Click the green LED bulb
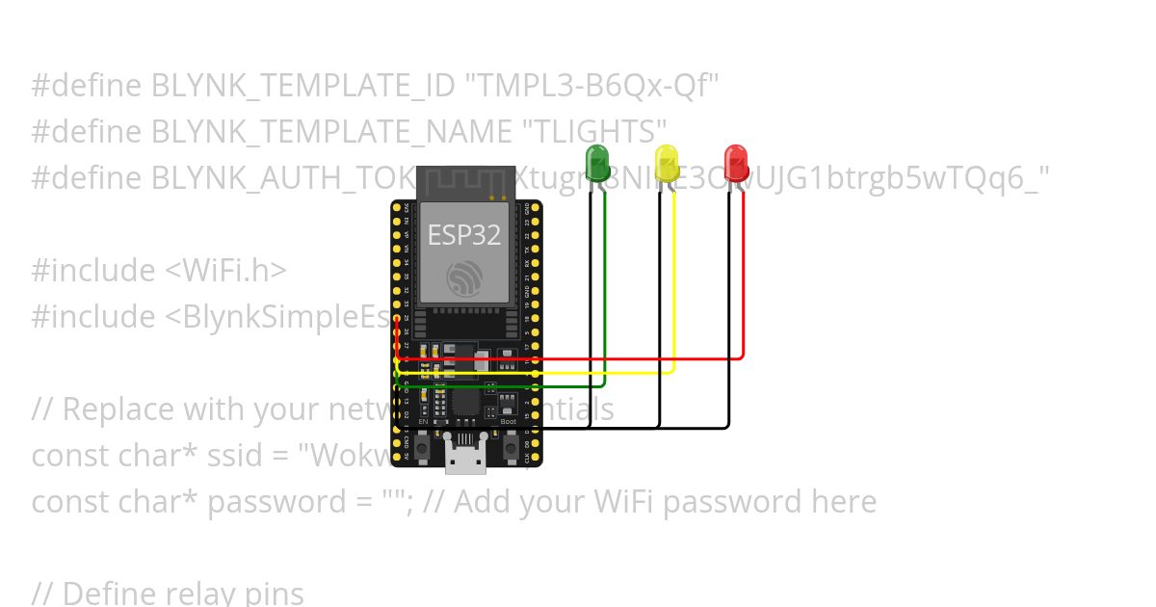[597, 160]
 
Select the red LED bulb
[736, 161]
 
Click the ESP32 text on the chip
[464, 234]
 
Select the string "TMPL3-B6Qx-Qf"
[592, 86]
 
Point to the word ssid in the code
[228, 456]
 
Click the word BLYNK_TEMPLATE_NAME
[329, 132]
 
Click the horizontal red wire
[578, 358]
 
